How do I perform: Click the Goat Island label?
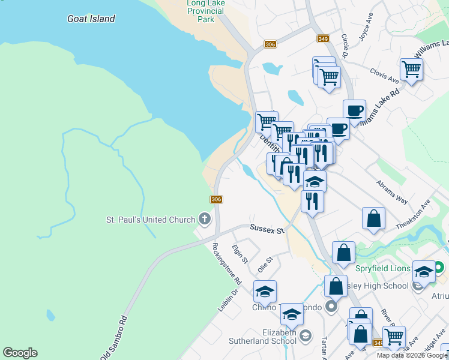91,19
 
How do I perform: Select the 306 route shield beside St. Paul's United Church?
217,199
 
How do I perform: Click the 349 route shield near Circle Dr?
323,39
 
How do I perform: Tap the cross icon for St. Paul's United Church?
205,218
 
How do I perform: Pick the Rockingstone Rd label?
226,264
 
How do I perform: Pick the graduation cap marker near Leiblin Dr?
265,292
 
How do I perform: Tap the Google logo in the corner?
20,353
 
